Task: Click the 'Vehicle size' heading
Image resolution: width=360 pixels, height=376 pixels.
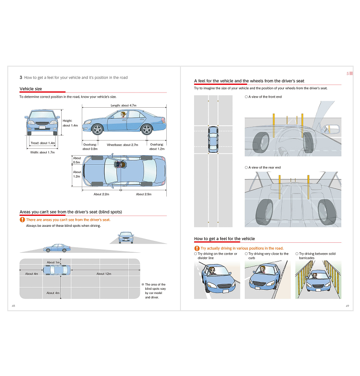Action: tap(31, 89)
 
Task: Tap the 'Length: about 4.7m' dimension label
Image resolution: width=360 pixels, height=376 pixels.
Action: tap(123, 105)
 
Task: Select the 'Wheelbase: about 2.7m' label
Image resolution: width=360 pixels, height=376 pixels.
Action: tap(122, 145)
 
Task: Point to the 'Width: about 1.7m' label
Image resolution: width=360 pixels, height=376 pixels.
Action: tap(42, 152)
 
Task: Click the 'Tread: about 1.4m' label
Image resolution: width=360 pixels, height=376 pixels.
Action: tap(43, 143)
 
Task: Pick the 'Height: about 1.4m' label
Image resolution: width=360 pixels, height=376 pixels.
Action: tap(70, 123)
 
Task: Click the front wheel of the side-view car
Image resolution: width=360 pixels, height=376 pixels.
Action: tap(97, 130)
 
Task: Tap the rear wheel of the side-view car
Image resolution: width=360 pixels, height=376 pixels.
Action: tap(147, 130)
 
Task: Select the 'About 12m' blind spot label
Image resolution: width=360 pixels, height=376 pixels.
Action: tap(104, 274)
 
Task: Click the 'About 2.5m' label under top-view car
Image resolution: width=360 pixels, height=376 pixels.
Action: tap(143, 194)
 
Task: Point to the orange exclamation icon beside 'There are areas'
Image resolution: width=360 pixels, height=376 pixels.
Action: tap(22, 219)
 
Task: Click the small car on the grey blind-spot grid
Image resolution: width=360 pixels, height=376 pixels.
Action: tap(57, 270)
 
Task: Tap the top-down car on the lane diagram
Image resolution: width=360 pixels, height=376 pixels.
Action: tap(213, 140)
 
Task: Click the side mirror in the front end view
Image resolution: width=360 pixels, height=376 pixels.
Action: tap(330, 129)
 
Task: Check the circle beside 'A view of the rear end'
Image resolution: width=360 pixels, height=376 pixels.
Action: tap(246, 167)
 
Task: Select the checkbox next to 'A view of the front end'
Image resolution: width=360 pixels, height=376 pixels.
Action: tap(246, 97)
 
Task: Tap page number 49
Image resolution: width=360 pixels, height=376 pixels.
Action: tap(347, 306)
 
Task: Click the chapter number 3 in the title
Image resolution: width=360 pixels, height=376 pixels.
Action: tap(21, 78)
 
